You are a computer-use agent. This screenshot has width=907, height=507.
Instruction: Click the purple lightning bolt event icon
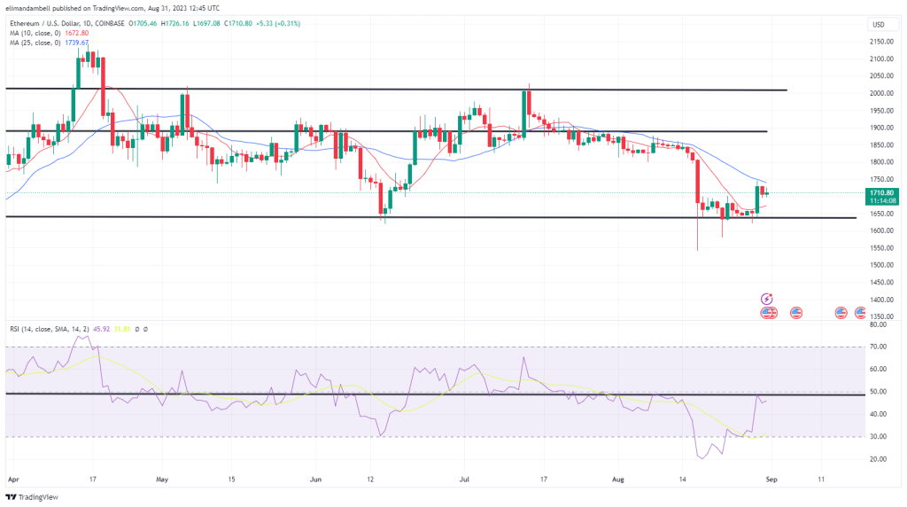pyautogui.click(x=768, y=300)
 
